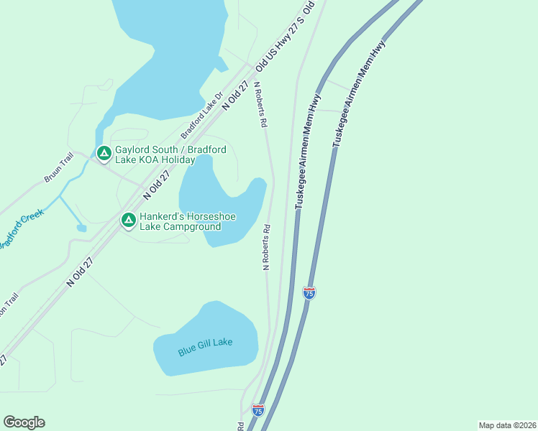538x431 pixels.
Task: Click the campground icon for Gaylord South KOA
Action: pyautogui.click(x=104, y=153)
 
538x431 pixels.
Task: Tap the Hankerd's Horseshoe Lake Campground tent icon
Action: pyautogui.click(x=129, y=220)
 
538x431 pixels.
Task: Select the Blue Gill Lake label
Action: pyautogui.click(x=206, y=347)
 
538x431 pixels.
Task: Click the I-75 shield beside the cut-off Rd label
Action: pyautogui.click(x=258, y=410)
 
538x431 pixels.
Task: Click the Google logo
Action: pyautogui.click(x=24, y=422)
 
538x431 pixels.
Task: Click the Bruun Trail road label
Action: pyautogui.click(x=59, y=167)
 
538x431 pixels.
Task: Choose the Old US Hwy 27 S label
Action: pyautogui.click(x=286, y=38)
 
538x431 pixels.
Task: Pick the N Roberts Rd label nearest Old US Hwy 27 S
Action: pyautogui.click(x=260, y=105)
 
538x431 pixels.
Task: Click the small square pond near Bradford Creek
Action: pyautogui.click(x=81, y=228)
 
